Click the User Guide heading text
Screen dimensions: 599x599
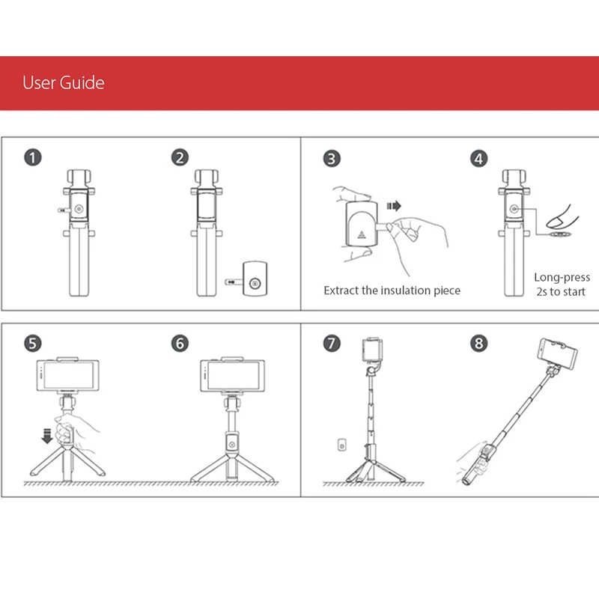coord(64,82)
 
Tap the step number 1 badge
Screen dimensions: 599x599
coord(33,158)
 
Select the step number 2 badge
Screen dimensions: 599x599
coord(180,158)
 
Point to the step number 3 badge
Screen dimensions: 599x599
coord(332,159)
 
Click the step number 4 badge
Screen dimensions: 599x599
coord(479,159)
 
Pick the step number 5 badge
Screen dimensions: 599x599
coord(33,344)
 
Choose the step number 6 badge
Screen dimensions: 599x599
coord(180,344)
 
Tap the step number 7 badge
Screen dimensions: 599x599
coord(332,343)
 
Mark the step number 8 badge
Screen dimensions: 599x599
coord(479,343)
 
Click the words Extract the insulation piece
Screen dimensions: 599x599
coord(392,291)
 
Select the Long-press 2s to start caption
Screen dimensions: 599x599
coord(562,285)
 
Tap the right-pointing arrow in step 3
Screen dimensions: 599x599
coord(394,207)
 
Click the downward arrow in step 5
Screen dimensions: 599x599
coord(47,436)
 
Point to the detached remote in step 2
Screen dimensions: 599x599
coord(255,279)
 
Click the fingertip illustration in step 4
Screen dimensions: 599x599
coord(562,218)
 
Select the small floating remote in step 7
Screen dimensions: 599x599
coord(342,445)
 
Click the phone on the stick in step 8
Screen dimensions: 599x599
coord(557,353)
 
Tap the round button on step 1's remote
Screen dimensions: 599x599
coord(79,209)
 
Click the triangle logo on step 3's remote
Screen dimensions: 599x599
coord(362,234)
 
